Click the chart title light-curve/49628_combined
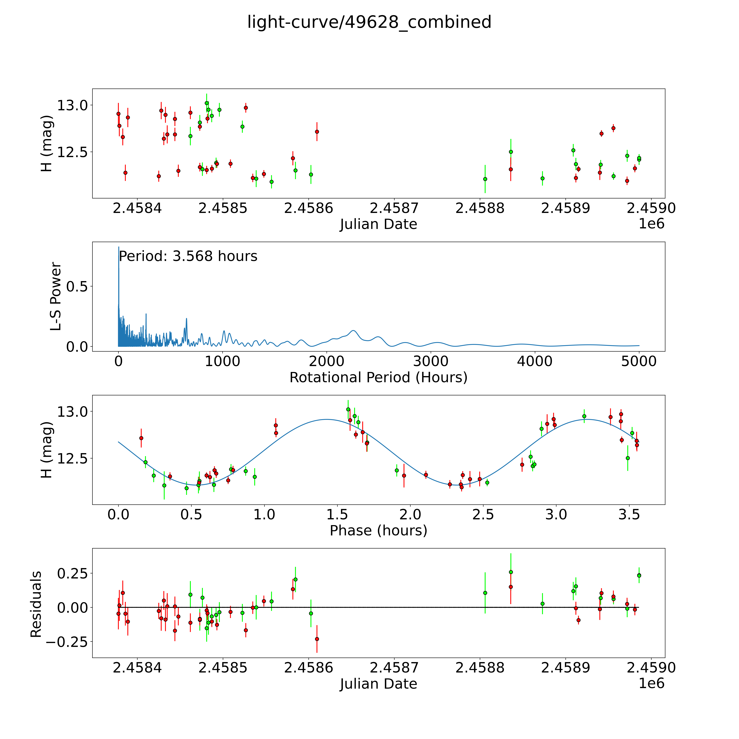[x=369, y=22]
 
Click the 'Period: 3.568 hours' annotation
[x=188, y=256]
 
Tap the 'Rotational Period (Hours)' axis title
[x=378, y=378]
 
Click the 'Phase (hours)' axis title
[x=378, y=531]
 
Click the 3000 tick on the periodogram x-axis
[x=431, y=361]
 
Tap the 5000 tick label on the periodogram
[x=639, y=361]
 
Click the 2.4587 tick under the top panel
[x=394, y=208]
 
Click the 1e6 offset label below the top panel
[x=651, y=224]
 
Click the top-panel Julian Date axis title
[x=378, y=224]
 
